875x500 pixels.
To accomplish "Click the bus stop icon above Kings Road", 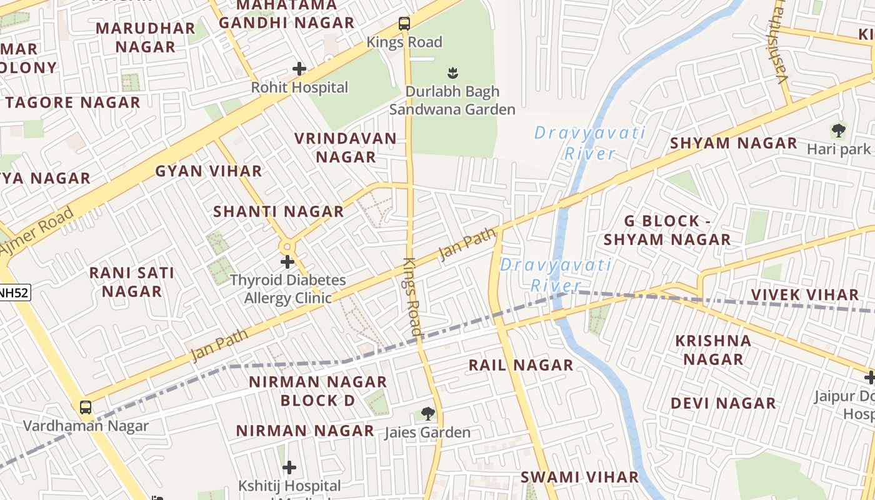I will pyautogui.click(x=404, y=24).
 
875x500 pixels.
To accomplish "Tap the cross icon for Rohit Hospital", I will pyautogui.click(x=299, y=68).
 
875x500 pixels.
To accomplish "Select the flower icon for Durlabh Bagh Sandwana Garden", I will pyautogui.click(x=453, y=73).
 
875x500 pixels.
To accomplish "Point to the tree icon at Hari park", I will pyautogui.click(x=838, y=131).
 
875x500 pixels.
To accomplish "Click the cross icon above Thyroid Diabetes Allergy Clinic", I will pyautogui.click(x=287, y=262).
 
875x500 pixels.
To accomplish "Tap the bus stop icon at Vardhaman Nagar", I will pyautogui.click(x=86, y=407).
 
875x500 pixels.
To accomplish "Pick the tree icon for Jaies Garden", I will pyautogui.click(x=427, y=413).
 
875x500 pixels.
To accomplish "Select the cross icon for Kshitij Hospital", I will pyautogui.click(x=289, y=467).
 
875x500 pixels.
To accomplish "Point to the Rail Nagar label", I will pyautogui.click(x=521, y=365).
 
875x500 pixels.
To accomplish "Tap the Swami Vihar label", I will pyautogui.click(x=580, y=477).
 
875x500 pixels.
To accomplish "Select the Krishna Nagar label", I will pyautogui.click(x=713, y=350).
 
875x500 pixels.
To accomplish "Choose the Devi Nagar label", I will pyautogui.click(x=723, y=403).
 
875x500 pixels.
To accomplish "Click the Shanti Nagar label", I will pyautogui.click(x=279, y=212).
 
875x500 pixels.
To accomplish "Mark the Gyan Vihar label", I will pyautogui.click(x=209, y=171).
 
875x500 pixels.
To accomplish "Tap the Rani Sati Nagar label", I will pyautogui.click(x=132, y=282).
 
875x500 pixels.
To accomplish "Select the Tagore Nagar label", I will pyautogui.click(x=73, y=102).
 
